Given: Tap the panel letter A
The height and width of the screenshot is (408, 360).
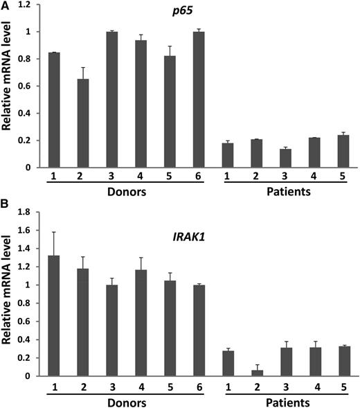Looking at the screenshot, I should tap(6, 6).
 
